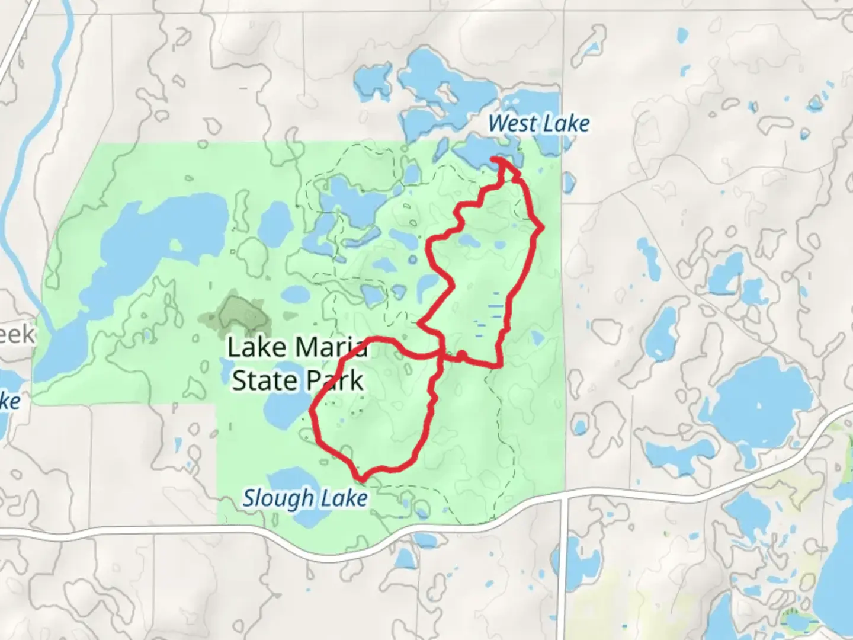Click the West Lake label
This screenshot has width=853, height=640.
tap(539, 124)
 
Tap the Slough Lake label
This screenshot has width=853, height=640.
tap(305, 498)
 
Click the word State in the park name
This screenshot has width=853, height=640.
tap(264, 380)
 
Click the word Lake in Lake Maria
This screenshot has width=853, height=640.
tap(253, 348)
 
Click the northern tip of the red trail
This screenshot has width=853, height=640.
tap(496, 159)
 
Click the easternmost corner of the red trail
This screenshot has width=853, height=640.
tap(541, 226)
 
